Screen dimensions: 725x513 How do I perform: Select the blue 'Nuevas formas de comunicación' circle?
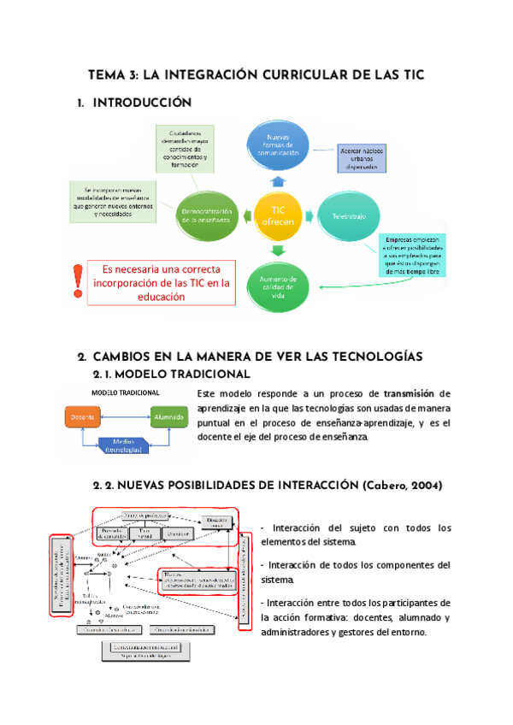tap(282, 145)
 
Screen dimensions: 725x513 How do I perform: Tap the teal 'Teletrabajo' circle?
tap(348, 216)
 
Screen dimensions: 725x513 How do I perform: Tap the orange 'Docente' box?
tap(83, 417)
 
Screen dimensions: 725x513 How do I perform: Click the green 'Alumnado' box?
tap(167, 417)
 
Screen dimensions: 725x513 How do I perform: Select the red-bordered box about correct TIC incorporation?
tap(161, 282)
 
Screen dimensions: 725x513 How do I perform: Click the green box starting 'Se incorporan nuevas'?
tap(112, 201)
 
